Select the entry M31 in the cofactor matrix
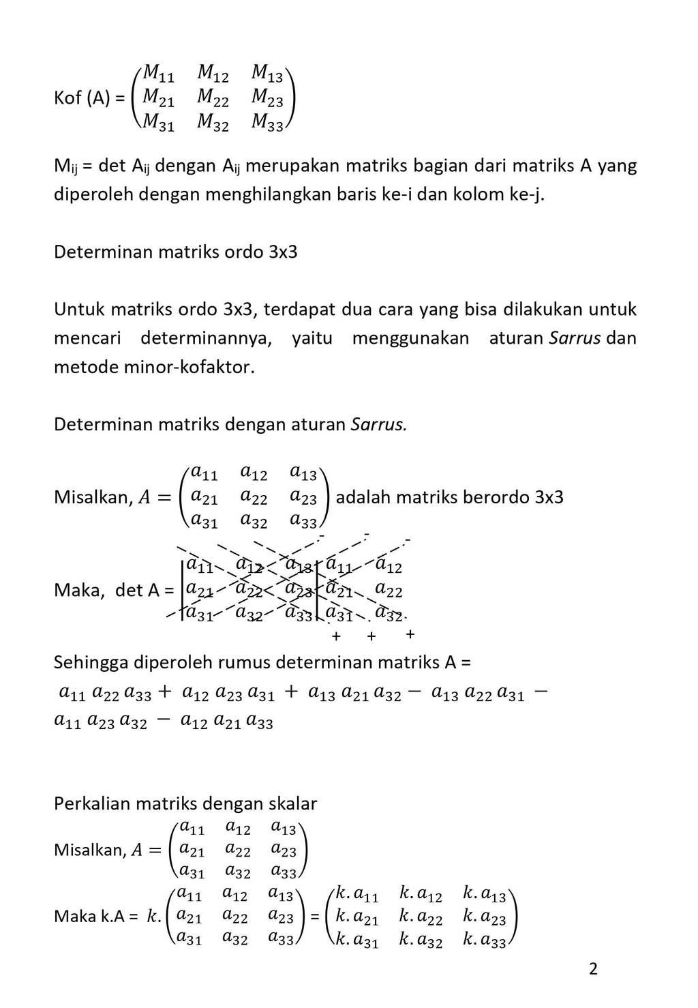158,123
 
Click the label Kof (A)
82,98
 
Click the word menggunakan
410,338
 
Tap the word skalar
292,803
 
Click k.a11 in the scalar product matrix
356,895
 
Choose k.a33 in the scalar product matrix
485,941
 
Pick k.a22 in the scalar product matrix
421,918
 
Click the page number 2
593,968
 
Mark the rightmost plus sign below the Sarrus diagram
410,634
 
